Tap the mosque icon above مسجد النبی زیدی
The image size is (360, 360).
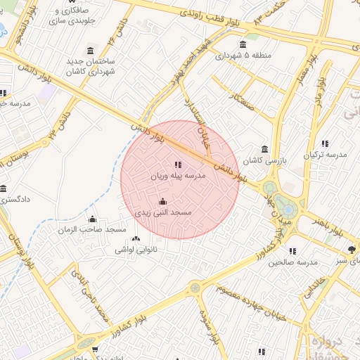163,202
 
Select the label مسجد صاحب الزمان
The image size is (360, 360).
92,230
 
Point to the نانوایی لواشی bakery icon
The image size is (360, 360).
136,239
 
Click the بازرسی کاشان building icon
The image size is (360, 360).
264,150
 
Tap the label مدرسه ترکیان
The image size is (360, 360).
325,154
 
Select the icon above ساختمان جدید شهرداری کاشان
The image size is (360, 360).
91,51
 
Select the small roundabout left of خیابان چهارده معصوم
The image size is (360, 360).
195,288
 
